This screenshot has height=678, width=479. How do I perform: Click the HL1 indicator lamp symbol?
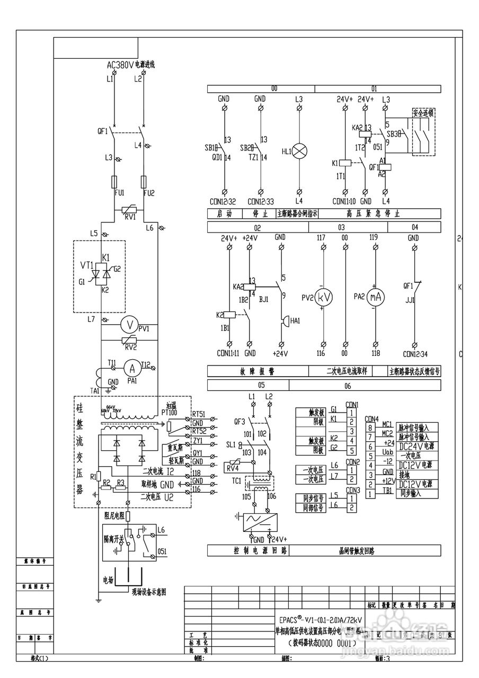pyautogui.click(x=300, y=151)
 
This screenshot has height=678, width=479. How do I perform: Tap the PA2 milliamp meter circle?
pyautogui.click(x=376, y=298)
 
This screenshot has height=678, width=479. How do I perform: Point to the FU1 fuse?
pyautogui.click(x=114, y=182)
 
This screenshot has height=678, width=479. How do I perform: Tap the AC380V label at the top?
pyautogui.click(x=120, y=66)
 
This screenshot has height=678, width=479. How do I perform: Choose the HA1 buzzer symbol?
pyautogui.click(x=283, y=322)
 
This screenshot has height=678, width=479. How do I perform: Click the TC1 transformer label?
pyautogui.click(x=236, y=481)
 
